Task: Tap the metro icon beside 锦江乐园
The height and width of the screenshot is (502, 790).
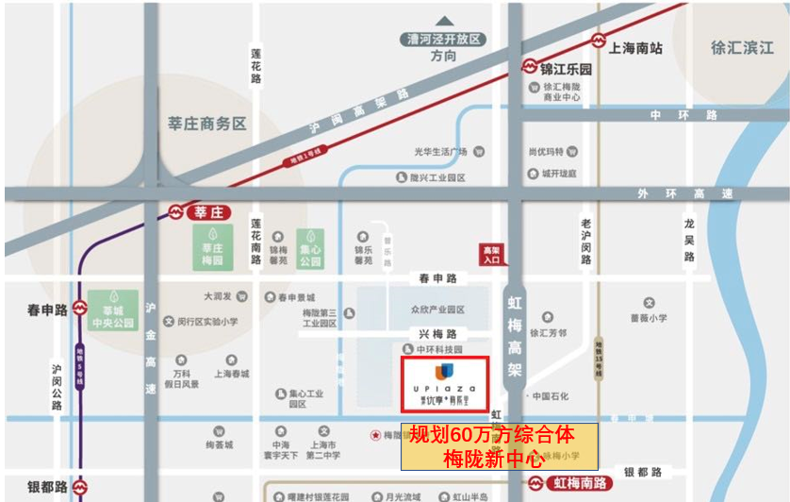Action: pyautogui.click(x=531, y=68)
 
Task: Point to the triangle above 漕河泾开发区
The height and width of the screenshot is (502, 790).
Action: pyautogui.click(x=444, y=21)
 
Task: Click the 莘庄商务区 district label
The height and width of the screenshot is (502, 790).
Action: pyautogui.click(x=206, y=124)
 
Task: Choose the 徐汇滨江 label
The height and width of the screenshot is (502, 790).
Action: pyautogui.click(x=742, y=47)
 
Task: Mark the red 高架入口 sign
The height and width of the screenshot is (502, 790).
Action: pyautogui.click(x=491, y=254)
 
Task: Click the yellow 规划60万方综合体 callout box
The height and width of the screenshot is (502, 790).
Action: pyautogui.click(x=500, y=447)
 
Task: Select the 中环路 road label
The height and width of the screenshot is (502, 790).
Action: pyautogui.click(x=683, y=114)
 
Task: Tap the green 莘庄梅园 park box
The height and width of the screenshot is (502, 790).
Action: pyautogui.click(x=213, y=245)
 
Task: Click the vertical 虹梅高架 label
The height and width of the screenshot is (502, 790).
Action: pyautogui.click(x=515, y=336)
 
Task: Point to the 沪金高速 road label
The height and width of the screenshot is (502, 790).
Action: pyautogui.click(x=151, y=348)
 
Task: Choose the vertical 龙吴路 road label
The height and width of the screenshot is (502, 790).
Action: pyautogui.click(x=689, y=242)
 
